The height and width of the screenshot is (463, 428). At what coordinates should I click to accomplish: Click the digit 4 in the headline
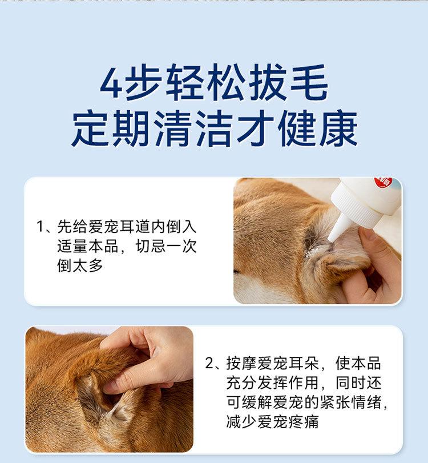pos(111,83)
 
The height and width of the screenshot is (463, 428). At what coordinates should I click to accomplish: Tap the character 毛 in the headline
pos(309,82)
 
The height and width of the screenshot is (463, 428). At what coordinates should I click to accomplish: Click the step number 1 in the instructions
pos(40,227)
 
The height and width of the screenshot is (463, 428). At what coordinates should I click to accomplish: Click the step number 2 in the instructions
pos(209,363)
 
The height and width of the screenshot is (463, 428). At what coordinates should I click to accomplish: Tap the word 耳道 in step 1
pos(135,227)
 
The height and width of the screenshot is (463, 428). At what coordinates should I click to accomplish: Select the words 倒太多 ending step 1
pos(80,265)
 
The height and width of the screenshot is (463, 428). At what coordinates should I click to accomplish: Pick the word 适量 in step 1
pos(72,246)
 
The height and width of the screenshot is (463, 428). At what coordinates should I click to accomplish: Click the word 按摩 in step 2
pos(241,363)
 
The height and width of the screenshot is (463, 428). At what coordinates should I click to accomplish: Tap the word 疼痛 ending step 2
pos(304,421)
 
